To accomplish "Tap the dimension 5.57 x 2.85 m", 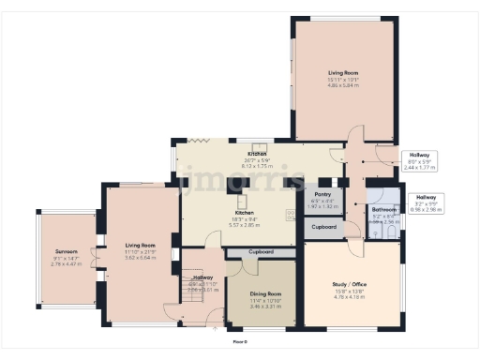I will click(x=256, y=226).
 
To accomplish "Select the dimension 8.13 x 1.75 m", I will click(x=256, y=164).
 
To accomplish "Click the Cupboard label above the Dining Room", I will click(x=262, y=253).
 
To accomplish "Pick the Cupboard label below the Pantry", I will click(x=324, y=227).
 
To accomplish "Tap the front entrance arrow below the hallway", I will click(x=217, y=329).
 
